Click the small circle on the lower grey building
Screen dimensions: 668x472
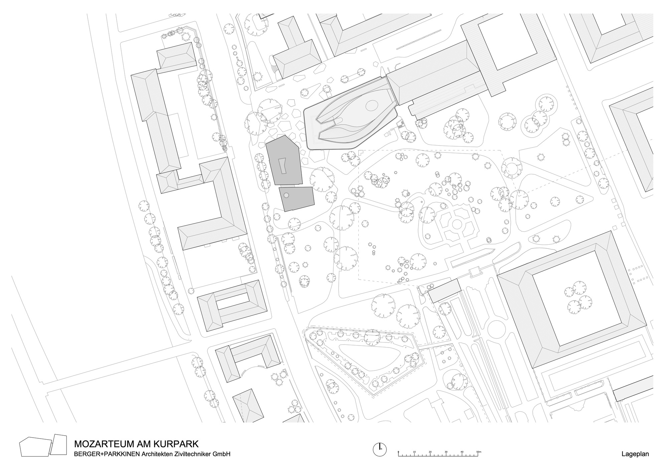286,195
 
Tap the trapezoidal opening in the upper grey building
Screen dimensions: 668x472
283,166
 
